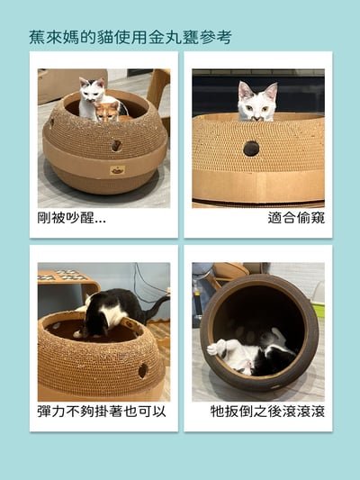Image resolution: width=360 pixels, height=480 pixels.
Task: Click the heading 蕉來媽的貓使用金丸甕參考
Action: [130, 37]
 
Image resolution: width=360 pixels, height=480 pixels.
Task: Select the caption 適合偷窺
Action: [296, 218]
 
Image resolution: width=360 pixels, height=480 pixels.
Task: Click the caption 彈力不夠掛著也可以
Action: [102, 412]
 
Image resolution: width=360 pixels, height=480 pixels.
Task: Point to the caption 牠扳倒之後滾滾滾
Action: [267, 412]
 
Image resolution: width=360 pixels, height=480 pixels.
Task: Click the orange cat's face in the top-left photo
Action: [107, 112]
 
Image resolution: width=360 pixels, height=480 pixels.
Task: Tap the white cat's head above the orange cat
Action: [92, 89]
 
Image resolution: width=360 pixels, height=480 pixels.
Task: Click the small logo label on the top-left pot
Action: [118, 170]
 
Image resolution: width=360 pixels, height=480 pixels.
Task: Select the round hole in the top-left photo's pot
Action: [116, 145]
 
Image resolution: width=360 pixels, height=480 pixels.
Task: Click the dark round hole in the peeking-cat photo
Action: [251, 149]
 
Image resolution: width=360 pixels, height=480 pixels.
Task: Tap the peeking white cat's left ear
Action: [244, 89]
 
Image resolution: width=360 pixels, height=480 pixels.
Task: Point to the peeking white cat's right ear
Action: [271, 91]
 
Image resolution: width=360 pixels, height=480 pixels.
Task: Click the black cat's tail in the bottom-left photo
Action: [157, 306]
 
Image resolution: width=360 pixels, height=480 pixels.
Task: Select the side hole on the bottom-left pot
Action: [142, 371]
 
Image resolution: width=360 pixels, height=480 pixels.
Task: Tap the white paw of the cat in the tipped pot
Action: [215, 349]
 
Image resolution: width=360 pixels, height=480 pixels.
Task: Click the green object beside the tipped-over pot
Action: [319, 309]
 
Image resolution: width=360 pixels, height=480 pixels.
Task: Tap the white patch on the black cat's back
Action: [111, 314]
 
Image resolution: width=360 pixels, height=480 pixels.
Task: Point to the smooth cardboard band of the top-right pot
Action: [258, 186]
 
